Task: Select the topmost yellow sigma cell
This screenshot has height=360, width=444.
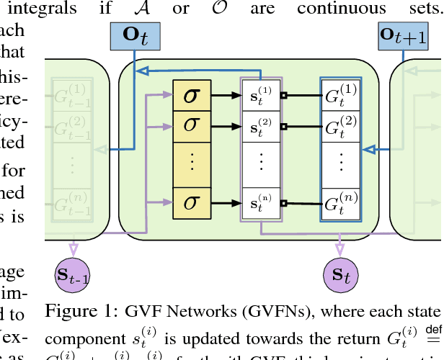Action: coord(192,95)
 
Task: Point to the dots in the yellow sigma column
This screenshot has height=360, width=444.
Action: coord(192,162)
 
